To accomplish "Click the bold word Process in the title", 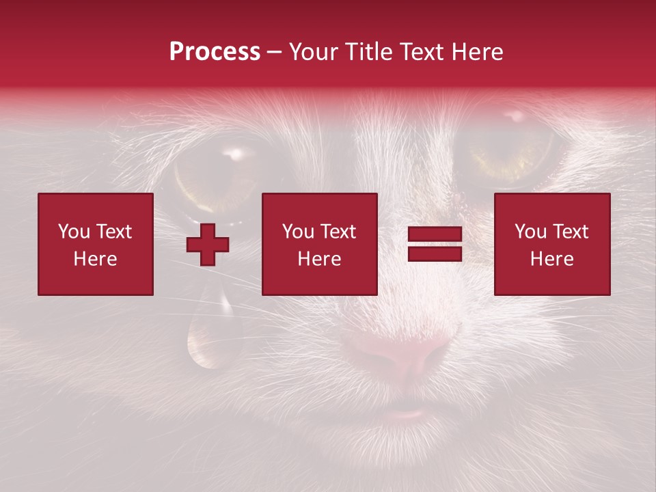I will (215, 52).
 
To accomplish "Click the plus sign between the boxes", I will (208, 245).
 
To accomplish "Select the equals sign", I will (435, 244).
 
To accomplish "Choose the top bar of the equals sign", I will (435, 234).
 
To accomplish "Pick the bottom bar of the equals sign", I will (435, 254).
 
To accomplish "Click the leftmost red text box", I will (95, 244).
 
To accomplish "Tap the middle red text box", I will (319, 244).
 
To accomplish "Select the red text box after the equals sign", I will (552, 244).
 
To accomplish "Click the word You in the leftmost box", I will (73, 232).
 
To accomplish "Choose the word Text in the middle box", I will (338, 232).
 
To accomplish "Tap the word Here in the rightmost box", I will (552, 258).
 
